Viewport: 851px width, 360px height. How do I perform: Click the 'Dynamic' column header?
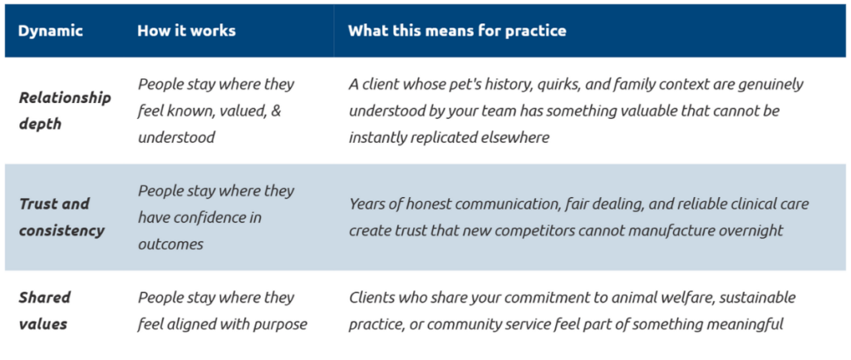pyautogui.click(x=51, y=31)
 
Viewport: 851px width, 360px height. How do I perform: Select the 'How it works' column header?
pyautogui.click(x=186, y=31)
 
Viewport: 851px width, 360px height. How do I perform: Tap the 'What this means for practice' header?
pyautogui.click(x=457, y=31)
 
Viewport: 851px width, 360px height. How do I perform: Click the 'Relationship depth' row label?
pyautogui.click(x=65, y=111)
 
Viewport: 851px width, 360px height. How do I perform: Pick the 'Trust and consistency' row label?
pyautogui.click(x=61, y=217)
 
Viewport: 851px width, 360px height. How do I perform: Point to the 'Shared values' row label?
pyautogui.click(x=46, y=311)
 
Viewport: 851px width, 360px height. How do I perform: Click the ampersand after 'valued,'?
pyautogui.click(x=276, y=111)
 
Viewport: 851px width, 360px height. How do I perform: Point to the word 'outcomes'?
pyautogui.click(x=170, y=244)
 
